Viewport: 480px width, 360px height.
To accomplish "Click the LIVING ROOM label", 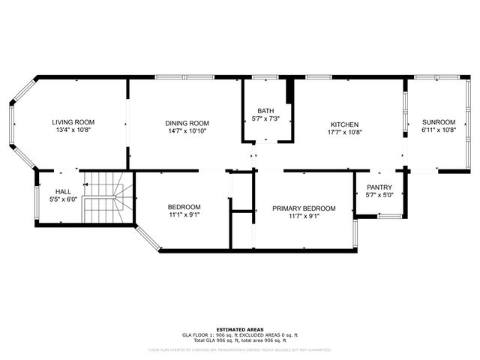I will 71,122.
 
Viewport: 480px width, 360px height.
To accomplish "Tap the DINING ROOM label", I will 187,123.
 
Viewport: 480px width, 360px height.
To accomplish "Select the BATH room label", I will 265,110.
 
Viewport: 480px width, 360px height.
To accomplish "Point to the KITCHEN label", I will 345,124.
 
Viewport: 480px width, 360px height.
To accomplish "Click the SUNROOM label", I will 439,122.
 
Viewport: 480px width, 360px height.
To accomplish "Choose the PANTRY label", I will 379,187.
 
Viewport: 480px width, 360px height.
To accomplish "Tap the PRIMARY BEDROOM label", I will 304,208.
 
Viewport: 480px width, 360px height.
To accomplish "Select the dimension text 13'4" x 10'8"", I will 71,130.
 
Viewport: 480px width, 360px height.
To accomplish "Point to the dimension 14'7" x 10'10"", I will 187,131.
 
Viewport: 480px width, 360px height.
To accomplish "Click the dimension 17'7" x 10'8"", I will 345,133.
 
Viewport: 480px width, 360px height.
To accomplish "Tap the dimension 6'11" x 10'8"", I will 439,130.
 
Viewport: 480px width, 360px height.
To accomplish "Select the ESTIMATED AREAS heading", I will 239,329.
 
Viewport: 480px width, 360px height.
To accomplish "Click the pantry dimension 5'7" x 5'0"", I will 379,195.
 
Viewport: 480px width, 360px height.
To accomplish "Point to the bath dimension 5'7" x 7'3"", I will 265,118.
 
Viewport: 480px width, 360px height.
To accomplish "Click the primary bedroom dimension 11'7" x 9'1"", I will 304,217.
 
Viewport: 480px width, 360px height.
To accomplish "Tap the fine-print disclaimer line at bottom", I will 239,349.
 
